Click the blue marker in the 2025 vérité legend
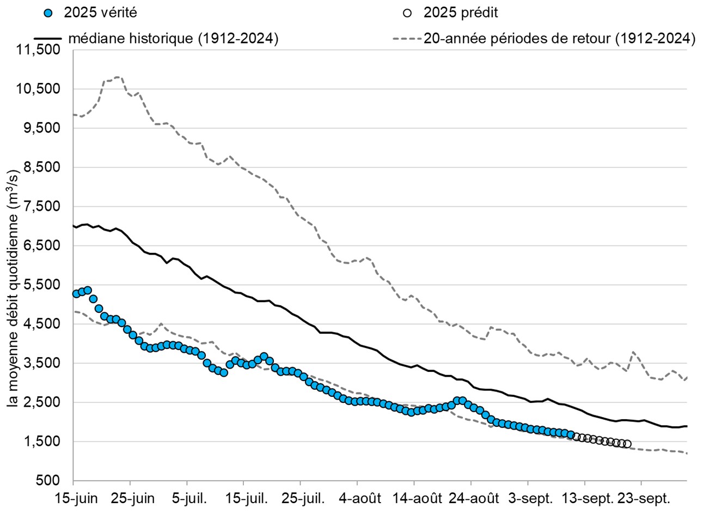click(50, 13)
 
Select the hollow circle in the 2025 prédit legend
click(407, 13)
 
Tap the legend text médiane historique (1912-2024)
click(173, 39)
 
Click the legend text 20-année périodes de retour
click(559, 39)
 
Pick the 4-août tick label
click(360, 499)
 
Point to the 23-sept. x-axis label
click(644, 499)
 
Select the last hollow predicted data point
click(627, 444)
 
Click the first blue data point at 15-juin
click(76, 294)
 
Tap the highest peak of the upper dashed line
click(119, 77)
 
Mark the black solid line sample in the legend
click(48, 39)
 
